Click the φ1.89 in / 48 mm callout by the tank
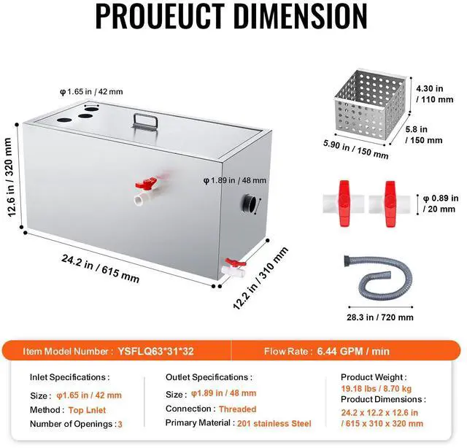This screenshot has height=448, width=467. pyautogui.click(x=236, y=179)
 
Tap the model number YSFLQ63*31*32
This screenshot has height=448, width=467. pyautogui.click(x=155, y=351)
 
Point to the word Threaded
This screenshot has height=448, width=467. pyautogui.click(x=237, y=409)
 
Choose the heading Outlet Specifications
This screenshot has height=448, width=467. pyautogui.click(x=209, y=378)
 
